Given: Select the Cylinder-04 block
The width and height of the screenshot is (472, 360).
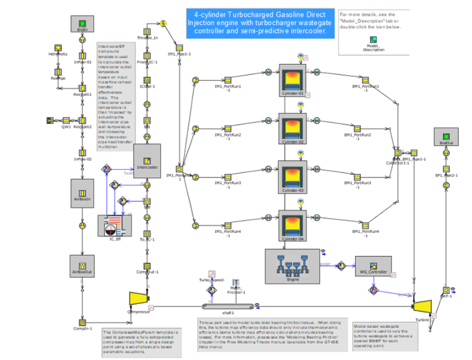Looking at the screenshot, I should click(294, 226).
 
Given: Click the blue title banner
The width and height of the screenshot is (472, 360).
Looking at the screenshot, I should click(260, 22).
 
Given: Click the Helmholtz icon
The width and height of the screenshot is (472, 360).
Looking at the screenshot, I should click(58, 47).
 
